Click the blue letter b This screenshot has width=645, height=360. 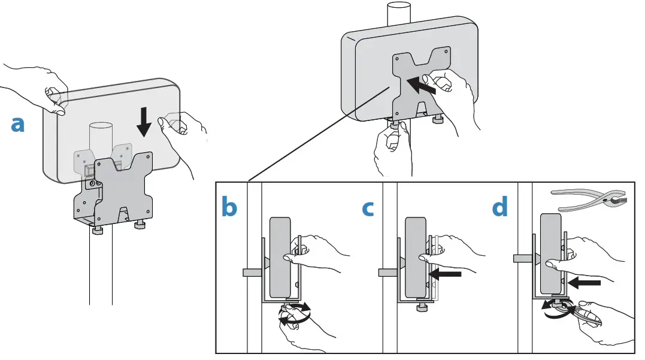pyautogui.click(x=229, y=207)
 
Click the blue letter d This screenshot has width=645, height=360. pyautogui.click(x=500, y=207)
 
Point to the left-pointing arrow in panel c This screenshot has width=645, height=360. pyautogui.click(x=447, y=274)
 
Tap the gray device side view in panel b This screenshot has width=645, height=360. pyautogui.click(x=280, y=257)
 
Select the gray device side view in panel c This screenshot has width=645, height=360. pyautogui.click(x=415, y=257)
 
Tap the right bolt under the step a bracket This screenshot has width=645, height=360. pyautogui.click(x=141, y=225)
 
